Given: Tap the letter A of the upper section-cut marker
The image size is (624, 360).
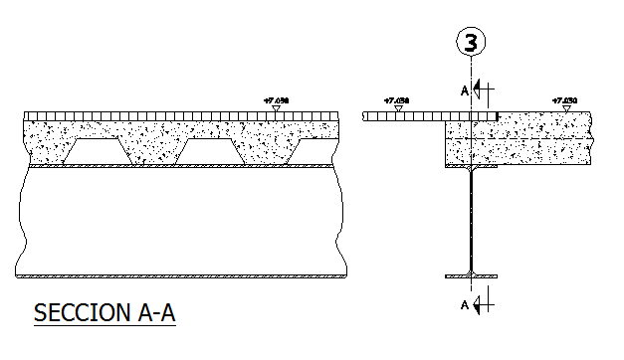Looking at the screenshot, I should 464,90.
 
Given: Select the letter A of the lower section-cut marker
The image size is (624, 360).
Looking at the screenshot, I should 464,304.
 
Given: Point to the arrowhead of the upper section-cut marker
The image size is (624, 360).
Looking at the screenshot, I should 480,90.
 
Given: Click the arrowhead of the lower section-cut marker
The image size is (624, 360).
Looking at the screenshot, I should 480,304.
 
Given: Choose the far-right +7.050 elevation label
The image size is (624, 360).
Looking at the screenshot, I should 563,100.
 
